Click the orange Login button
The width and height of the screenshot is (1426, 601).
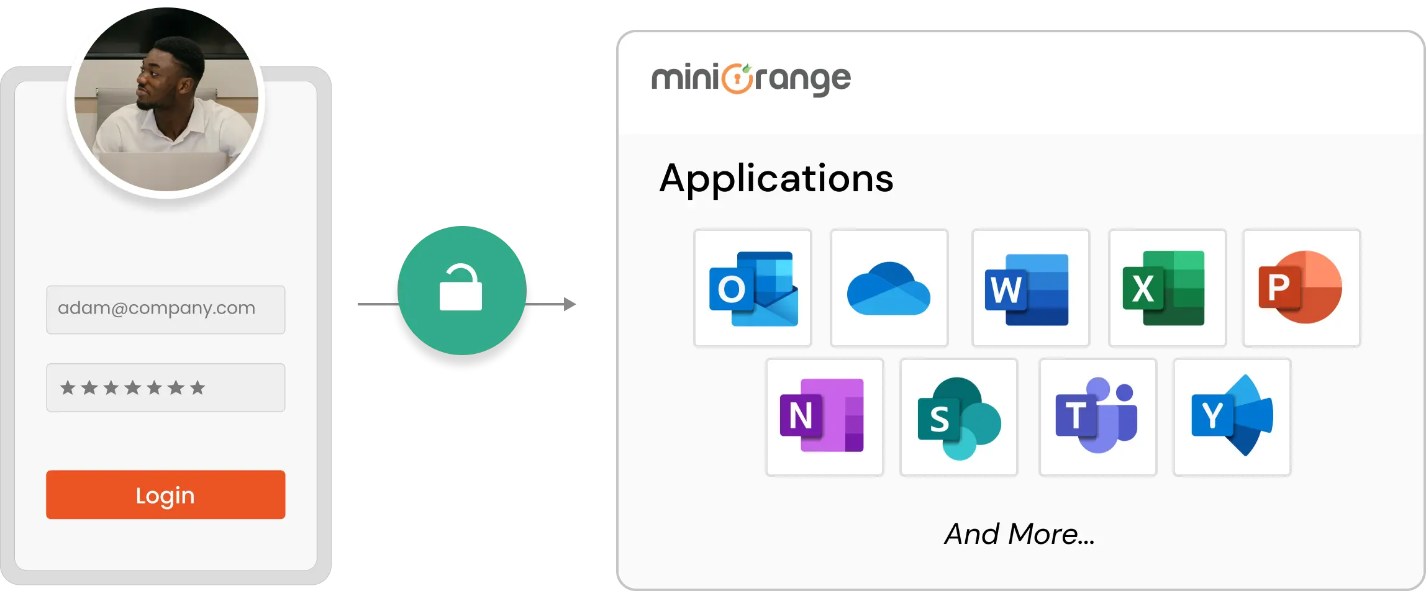coord(165,494)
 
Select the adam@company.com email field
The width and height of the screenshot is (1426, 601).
coord(165,309)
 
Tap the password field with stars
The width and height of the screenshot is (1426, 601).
coord(165,387)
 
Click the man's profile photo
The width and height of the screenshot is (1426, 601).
coord(166,99)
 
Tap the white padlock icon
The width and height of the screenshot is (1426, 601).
coord(461,289)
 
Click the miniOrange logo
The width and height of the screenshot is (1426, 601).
coord(751,79)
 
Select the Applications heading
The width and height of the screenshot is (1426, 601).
coord(776,179)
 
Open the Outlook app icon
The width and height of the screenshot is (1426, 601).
coord(753,288)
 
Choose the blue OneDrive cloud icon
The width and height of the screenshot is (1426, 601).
coord(889,288)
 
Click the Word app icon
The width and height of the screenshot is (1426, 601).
coord(1030,288)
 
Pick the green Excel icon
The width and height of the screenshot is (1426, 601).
coord(1166,288)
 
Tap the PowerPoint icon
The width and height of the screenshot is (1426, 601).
coord(1301,288)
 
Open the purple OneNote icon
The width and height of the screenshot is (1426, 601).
coord(824,417)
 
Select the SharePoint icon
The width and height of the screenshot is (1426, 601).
coord(958,417)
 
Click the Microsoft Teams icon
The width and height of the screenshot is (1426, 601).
coord(1097,417)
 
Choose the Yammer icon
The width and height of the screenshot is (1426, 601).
coord(1232,417)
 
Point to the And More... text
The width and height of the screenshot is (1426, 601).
coord(1019,534)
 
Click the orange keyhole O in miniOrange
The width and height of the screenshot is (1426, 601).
coord(737,79)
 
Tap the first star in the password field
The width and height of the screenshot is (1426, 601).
coord(68,388)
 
